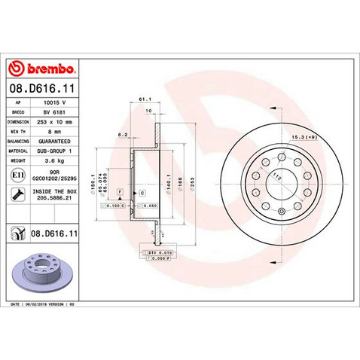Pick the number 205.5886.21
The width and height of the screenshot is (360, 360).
[66, 200]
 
